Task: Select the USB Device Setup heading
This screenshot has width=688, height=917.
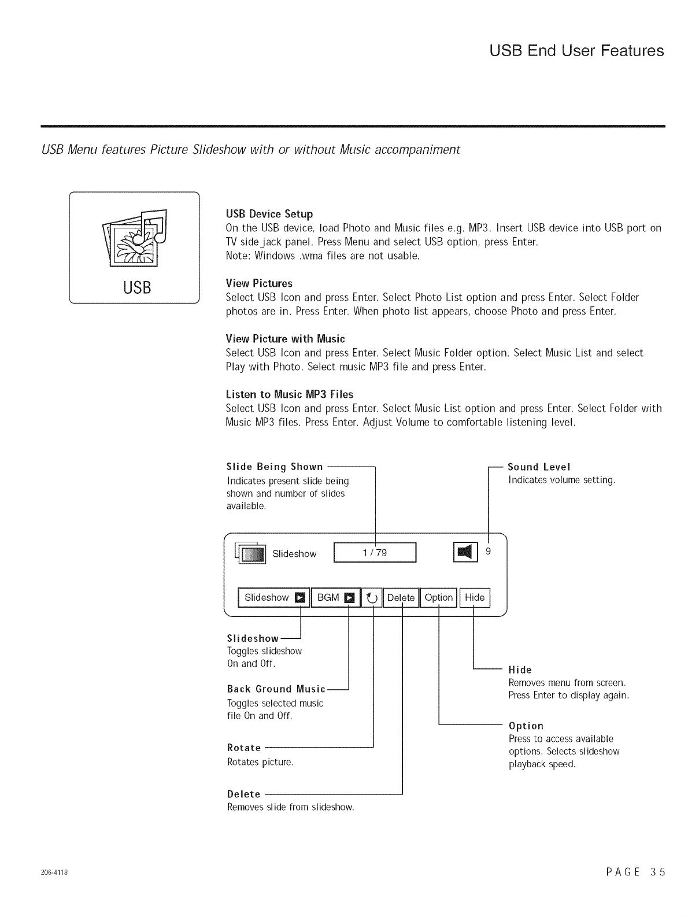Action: [269, 214]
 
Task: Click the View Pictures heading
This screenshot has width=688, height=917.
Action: [259, 283]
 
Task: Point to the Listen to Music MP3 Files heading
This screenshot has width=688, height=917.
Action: [289, 394]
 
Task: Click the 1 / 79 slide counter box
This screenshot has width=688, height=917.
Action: [375, 553]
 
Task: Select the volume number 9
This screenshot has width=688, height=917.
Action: [489, 552]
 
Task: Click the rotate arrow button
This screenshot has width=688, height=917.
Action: [373, 598]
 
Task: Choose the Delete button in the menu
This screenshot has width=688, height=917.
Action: [401, 598]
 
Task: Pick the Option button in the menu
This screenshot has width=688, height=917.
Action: [438, 598]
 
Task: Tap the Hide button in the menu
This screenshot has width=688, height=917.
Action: [475, 598]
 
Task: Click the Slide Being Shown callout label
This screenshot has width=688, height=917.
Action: [275, 467]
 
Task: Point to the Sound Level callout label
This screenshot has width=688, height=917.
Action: [539, 467]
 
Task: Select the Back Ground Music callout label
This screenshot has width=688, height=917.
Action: [276, 689]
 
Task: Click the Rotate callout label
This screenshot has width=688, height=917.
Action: [244, 748]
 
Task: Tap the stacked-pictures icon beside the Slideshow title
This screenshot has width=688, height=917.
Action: [250, 553]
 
